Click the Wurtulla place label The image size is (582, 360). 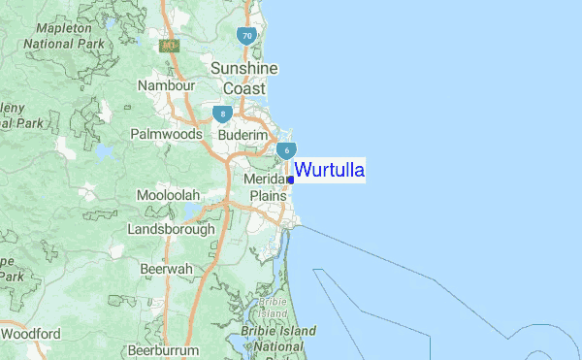[x=330, y=171]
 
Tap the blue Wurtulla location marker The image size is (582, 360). [x=291, y=180]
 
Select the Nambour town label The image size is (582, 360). [x=168, y=86]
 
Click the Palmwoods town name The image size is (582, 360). [x=166, y=134]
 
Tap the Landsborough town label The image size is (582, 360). [x=171, y=230]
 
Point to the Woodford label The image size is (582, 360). [x=31, y=334]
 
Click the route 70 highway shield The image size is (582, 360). [x=247, y=37]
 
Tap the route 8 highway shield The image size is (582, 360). [x=224, y=114]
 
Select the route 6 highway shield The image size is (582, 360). [x=286, y=150]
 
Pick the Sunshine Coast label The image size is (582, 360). [x=244, y=78]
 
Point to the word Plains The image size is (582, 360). [x=269, y=196]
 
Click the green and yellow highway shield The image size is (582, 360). [x=170, y=45]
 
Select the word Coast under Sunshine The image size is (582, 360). [x=244, y=88]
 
